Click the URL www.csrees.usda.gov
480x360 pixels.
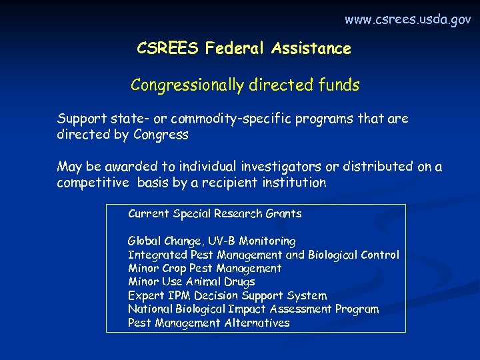pos(407,20)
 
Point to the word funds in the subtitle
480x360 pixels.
pos(338,85)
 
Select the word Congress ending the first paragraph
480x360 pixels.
pos(161,135)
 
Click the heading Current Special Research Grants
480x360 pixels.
pos(215,214)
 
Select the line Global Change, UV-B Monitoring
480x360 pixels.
pos(211,241)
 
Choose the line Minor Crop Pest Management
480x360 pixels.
pos(205,268)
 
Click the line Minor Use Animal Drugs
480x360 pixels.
pos(191,282)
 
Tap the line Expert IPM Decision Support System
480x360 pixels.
pos(227,295)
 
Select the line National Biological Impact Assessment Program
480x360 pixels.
pos(253,309)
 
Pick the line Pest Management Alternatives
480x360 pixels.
pos(209,323)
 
